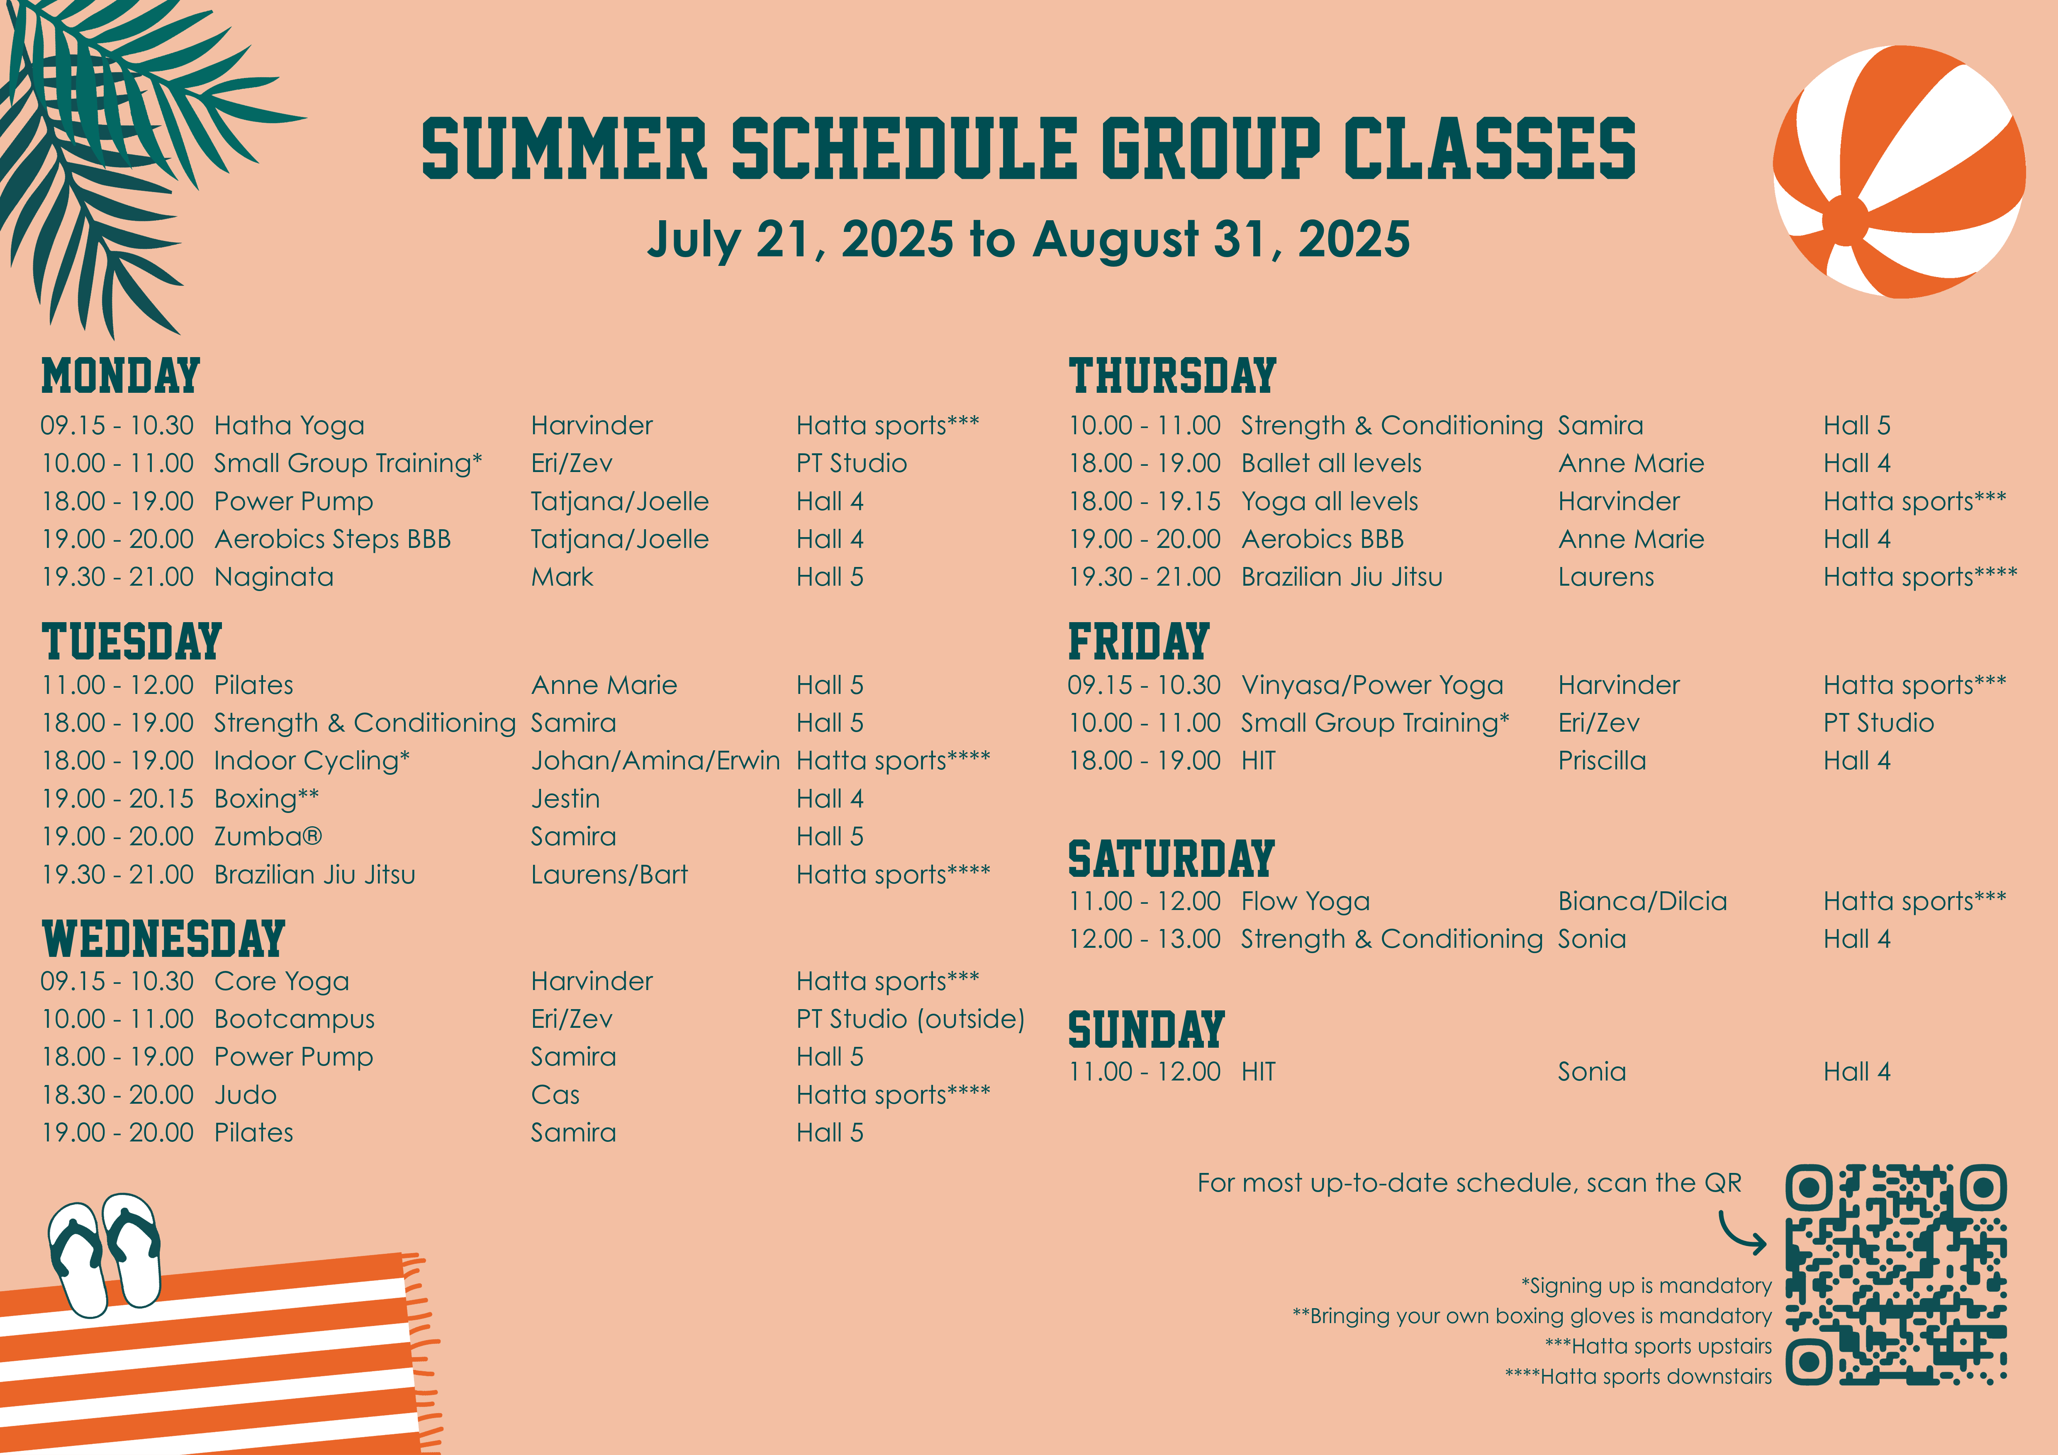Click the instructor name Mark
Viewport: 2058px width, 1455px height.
(x=562, y=577)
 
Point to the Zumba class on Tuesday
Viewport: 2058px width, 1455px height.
(x=267, y=837)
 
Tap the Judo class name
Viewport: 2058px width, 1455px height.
(x=246, y=1095)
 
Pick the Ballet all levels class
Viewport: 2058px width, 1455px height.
(x=1331, y=463)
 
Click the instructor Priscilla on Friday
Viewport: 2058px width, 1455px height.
(x=1602, y=761)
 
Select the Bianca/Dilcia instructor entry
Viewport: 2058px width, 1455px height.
(x=1642, y=901)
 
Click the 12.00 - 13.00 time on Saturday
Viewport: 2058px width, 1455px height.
(x=1145, y=939)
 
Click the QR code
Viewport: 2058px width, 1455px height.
(x=1896, y=1274)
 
